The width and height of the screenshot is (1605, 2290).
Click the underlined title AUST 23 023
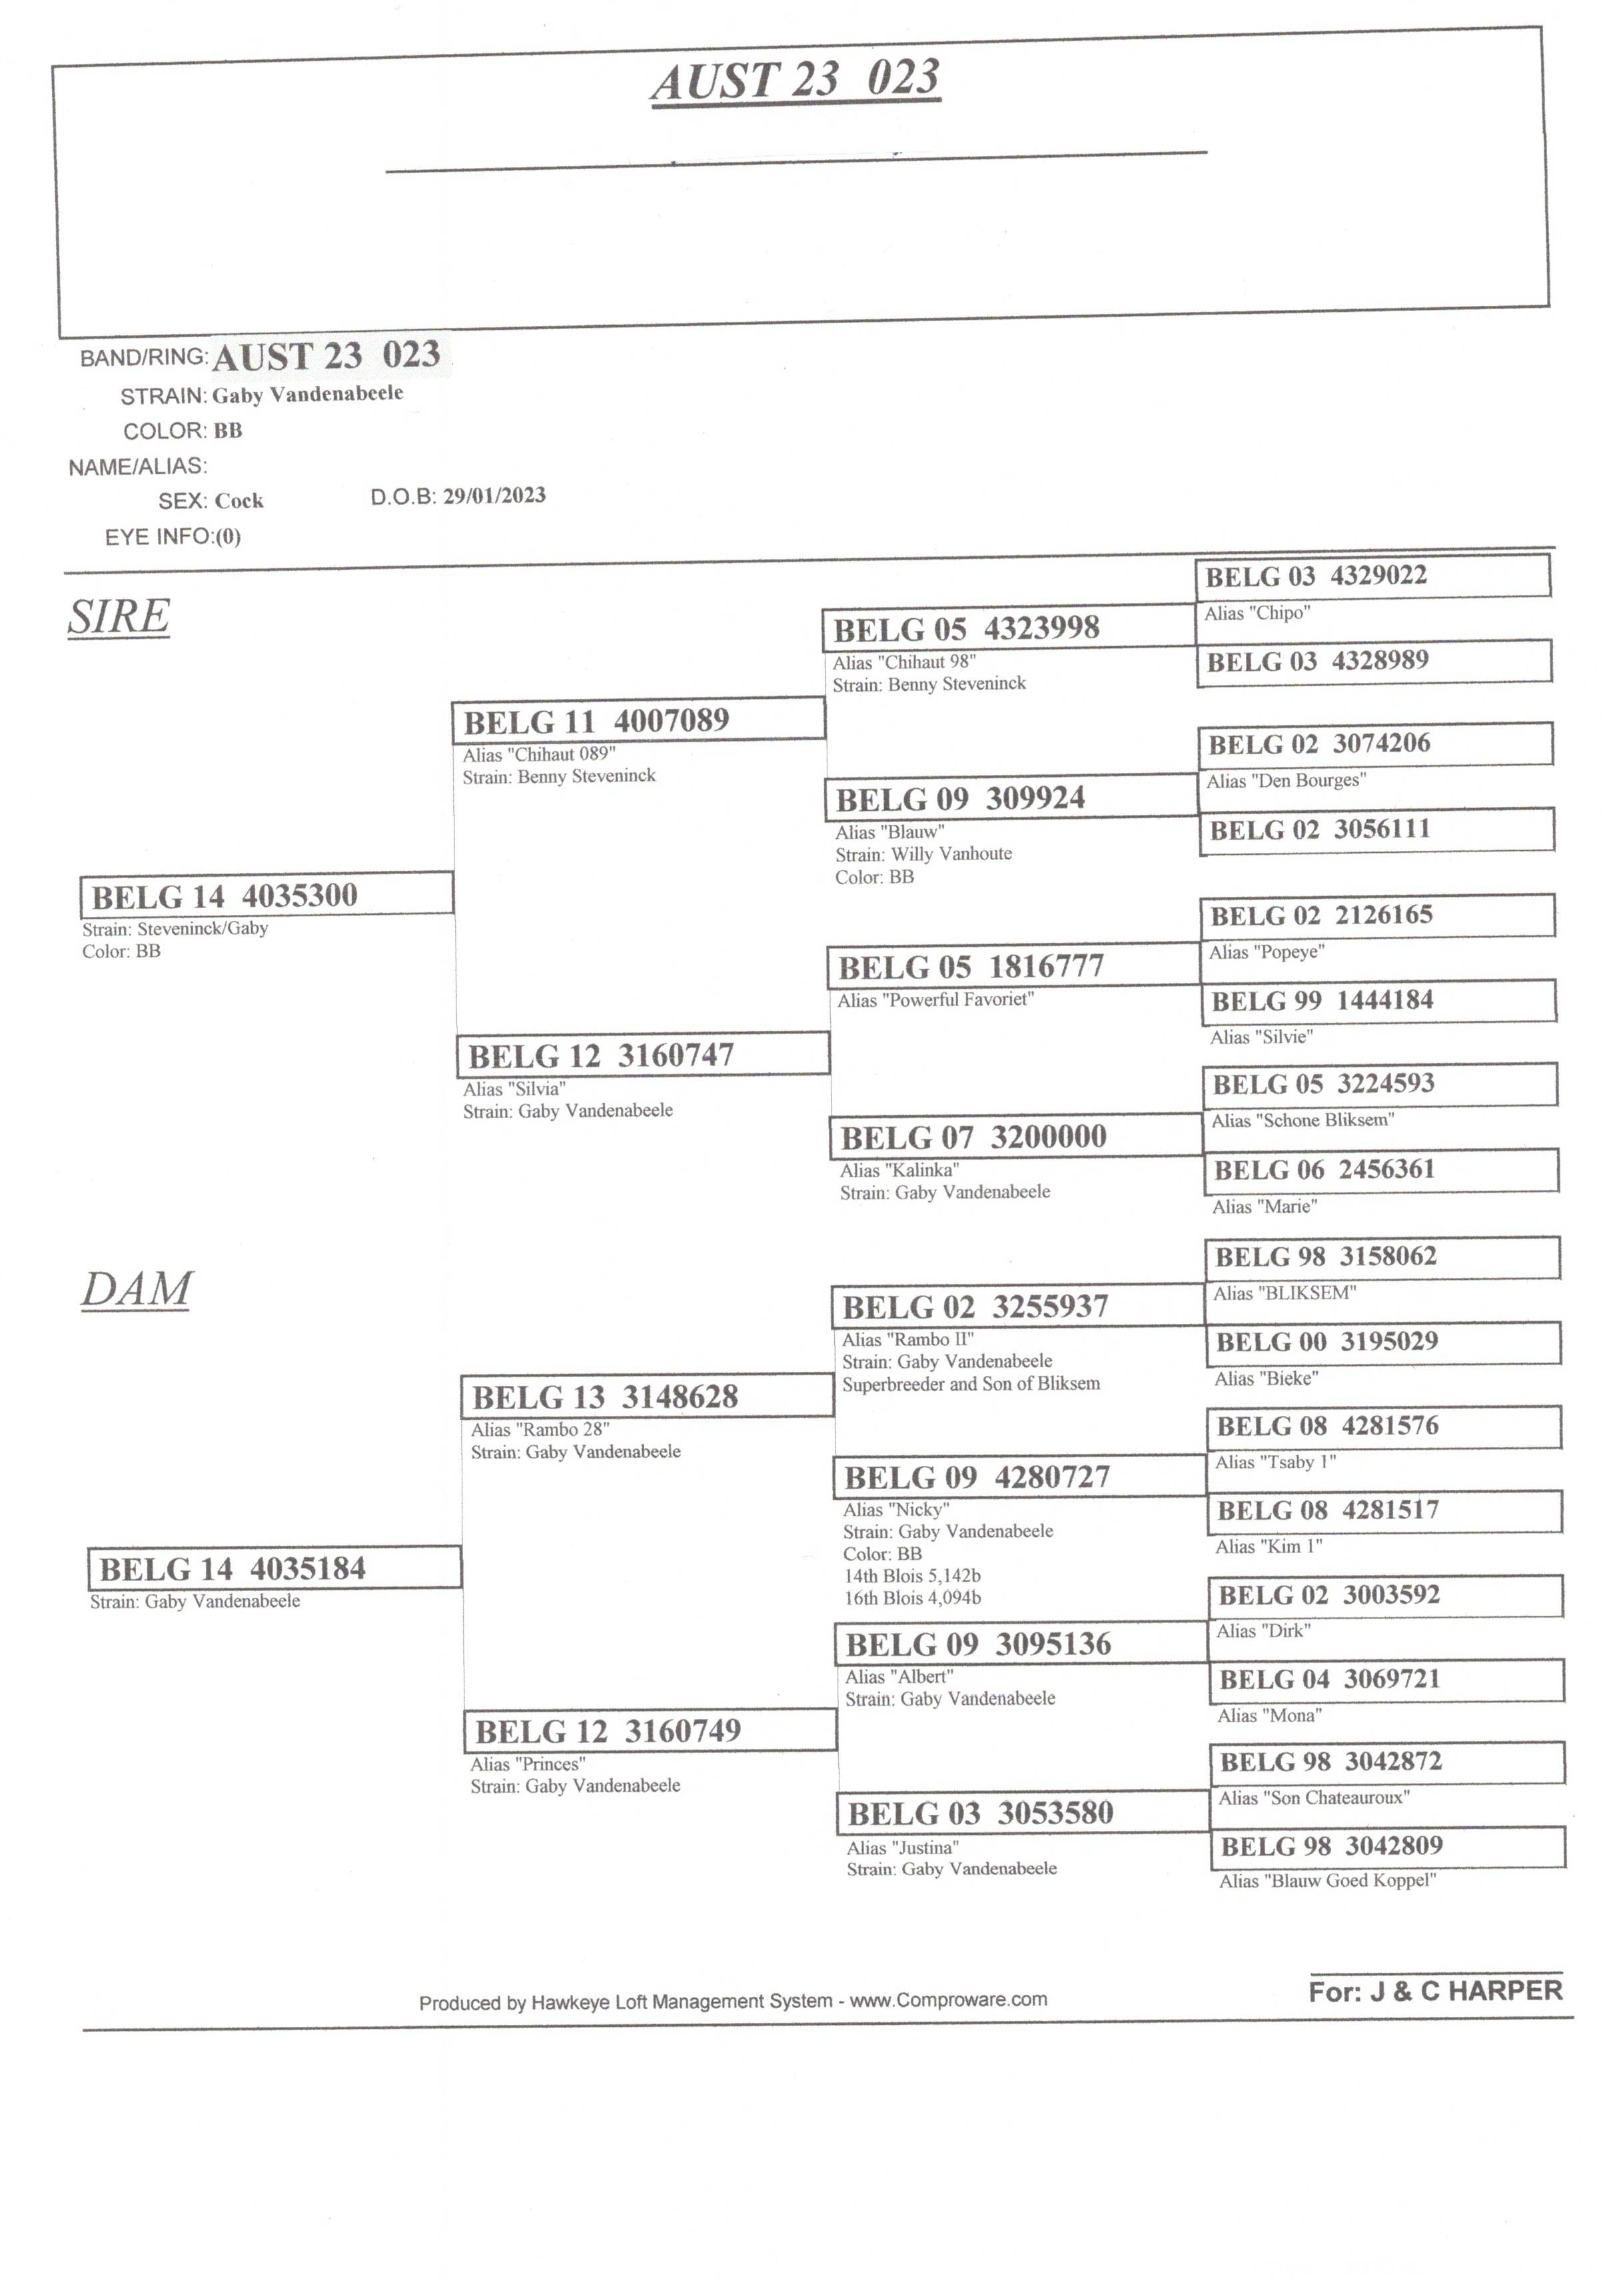[x=796, y=80]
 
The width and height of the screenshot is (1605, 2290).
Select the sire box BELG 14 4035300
[x=267, y=893]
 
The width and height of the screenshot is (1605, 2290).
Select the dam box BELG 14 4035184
[x=274, y=1567]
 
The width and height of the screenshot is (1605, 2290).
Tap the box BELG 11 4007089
[x=638, y=719]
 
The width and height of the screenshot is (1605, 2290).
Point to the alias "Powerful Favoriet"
[x=935, y=999]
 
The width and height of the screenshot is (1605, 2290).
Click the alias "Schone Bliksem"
[x=1303, y=1120]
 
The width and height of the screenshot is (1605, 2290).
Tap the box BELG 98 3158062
[x=1382, y=1257]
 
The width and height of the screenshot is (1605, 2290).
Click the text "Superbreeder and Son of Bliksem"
[x=971, y=1383]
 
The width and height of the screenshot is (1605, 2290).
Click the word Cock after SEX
[x=239, y=500]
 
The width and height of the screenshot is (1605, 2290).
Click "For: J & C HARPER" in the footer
[x=1435, y=1991]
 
